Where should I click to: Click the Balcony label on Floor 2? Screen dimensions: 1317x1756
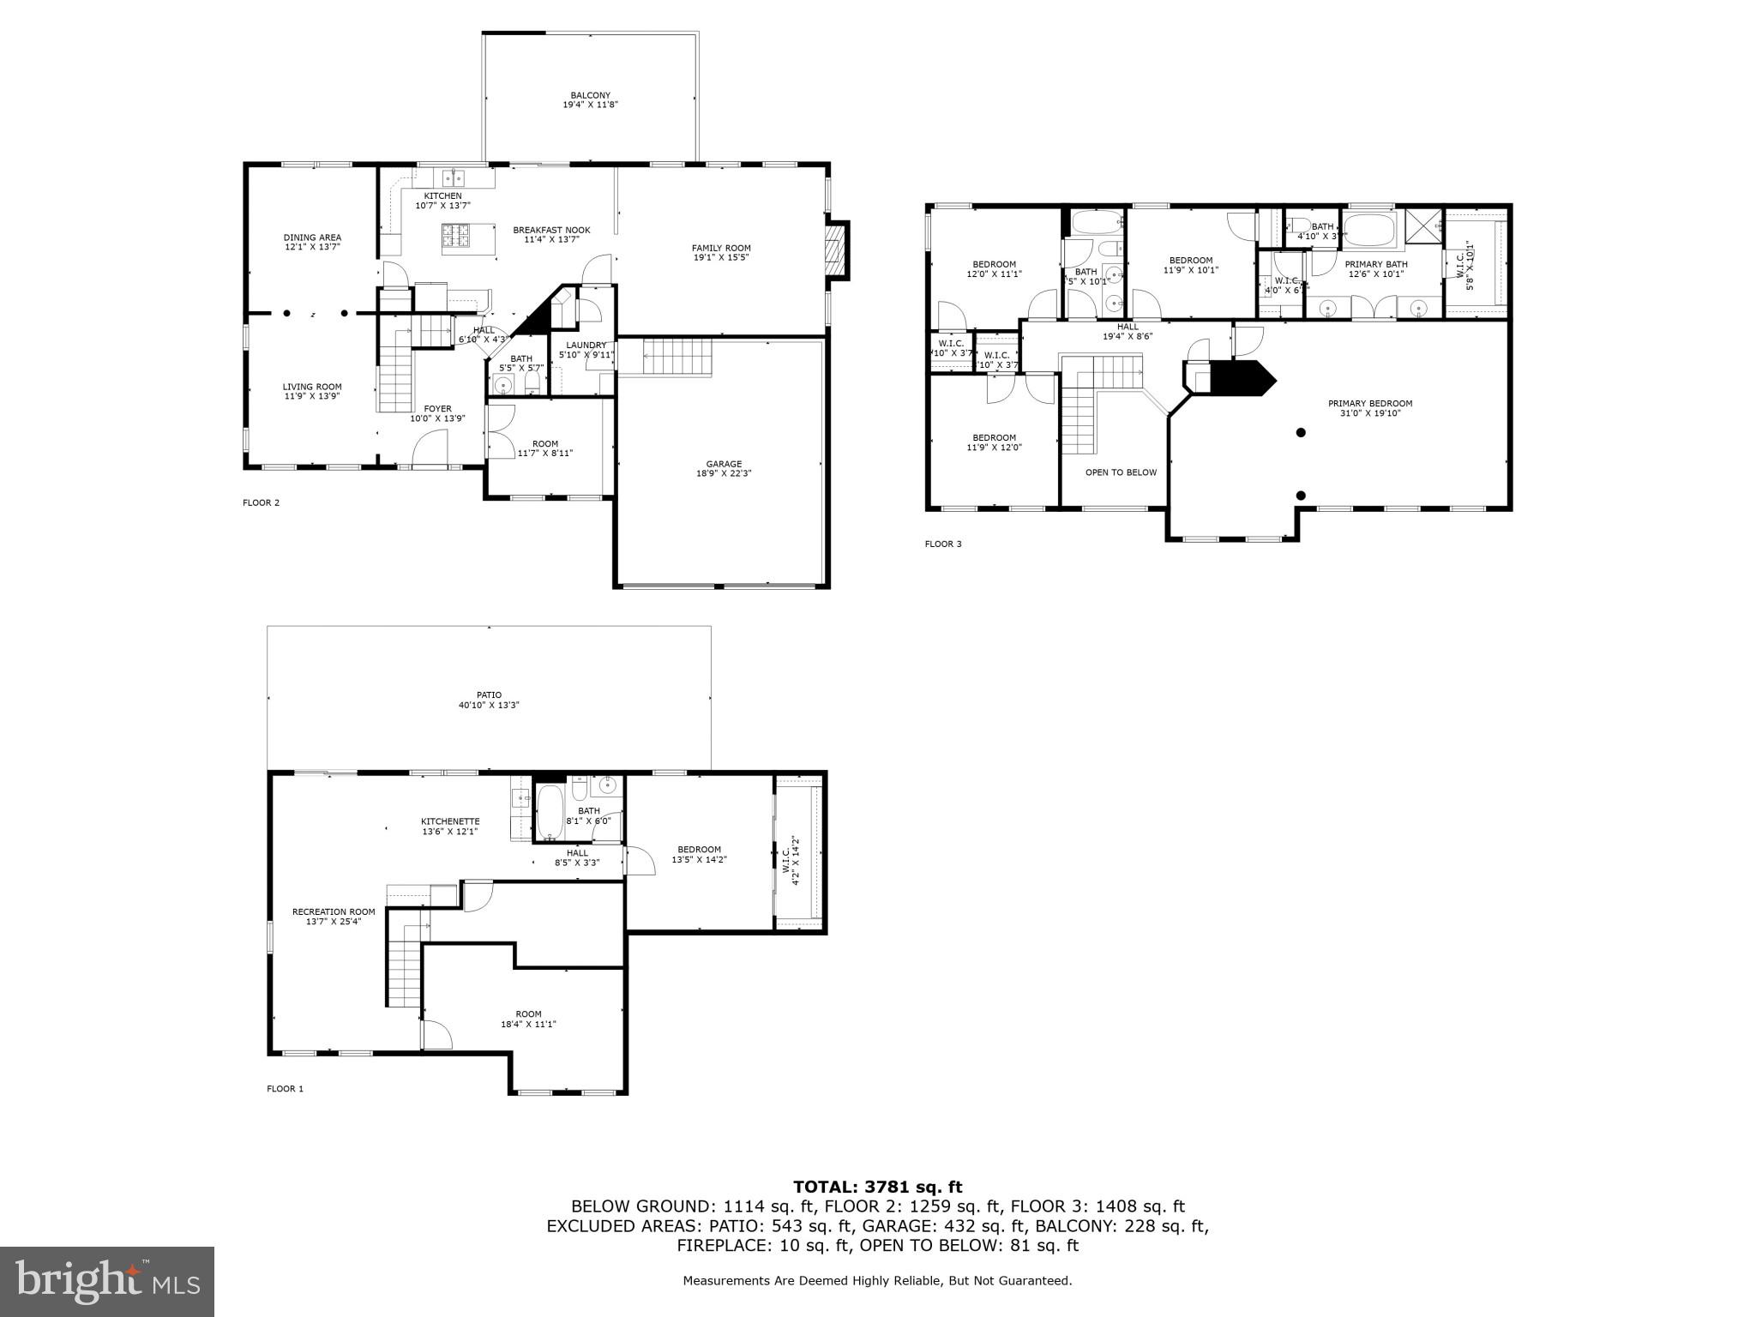(590, 95)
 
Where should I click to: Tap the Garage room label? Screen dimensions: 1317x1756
(724, 464)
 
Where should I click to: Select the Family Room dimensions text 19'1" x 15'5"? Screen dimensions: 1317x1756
(721, 257)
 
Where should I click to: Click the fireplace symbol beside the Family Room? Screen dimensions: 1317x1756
(834, 250)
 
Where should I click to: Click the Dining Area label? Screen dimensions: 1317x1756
(312, 238)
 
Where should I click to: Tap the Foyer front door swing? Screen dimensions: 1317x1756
(431, 447)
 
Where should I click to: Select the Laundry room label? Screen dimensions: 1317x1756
(586, 345)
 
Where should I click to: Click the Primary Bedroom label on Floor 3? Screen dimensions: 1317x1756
(1369, 403)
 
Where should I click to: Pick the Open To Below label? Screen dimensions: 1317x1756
(1121, 472)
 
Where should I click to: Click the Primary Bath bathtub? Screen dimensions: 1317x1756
(1370, 231)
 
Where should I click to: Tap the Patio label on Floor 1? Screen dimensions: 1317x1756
(489, 695)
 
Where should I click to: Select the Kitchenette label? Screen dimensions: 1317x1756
(450, 821)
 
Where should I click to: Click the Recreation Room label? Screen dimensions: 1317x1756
(334, 911)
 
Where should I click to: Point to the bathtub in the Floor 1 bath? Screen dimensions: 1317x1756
(550, 813)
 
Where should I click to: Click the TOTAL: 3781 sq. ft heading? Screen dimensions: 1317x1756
(877, 1187)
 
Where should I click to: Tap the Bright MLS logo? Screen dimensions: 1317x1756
(107, 1281)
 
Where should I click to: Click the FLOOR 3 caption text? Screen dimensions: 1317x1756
(942, 544)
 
